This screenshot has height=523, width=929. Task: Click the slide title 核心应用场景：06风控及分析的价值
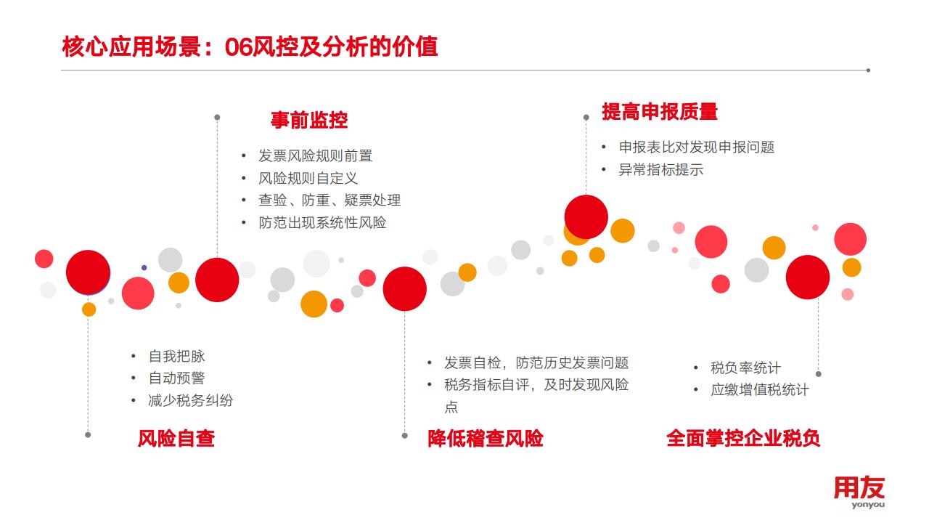pos(250,46)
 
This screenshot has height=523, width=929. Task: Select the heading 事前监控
pos(309,121)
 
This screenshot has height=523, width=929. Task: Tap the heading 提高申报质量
pos(660,112)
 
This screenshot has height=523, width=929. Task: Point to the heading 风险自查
pos(176,439)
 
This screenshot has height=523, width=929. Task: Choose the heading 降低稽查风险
pos(486,439)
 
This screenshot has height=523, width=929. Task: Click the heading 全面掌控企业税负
pos(743,439)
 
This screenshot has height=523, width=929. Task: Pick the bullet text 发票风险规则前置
pos(315,156)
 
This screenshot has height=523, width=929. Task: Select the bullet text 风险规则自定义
pos(308,179)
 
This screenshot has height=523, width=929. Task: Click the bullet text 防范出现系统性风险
pos(322,223)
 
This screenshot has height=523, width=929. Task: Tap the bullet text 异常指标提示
pos(661,170)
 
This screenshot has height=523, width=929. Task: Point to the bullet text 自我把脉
pos(176,356)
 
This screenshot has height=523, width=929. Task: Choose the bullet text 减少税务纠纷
pos(191,400)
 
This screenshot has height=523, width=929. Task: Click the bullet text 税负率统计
pos(745,368)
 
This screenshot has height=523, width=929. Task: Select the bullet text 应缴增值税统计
pos(759,390)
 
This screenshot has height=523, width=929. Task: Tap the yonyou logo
pos(859,492)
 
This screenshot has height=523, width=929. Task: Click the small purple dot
pos(144,268)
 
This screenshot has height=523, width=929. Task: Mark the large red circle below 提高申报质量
pos(586,217)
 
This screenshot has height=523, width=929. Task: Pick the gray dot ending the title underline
pos(868,70)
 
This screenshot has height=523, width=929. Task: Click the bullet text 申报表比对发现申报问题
pos(697,147)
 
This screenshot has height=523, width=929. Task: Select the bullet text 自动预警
pos(176,378)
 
